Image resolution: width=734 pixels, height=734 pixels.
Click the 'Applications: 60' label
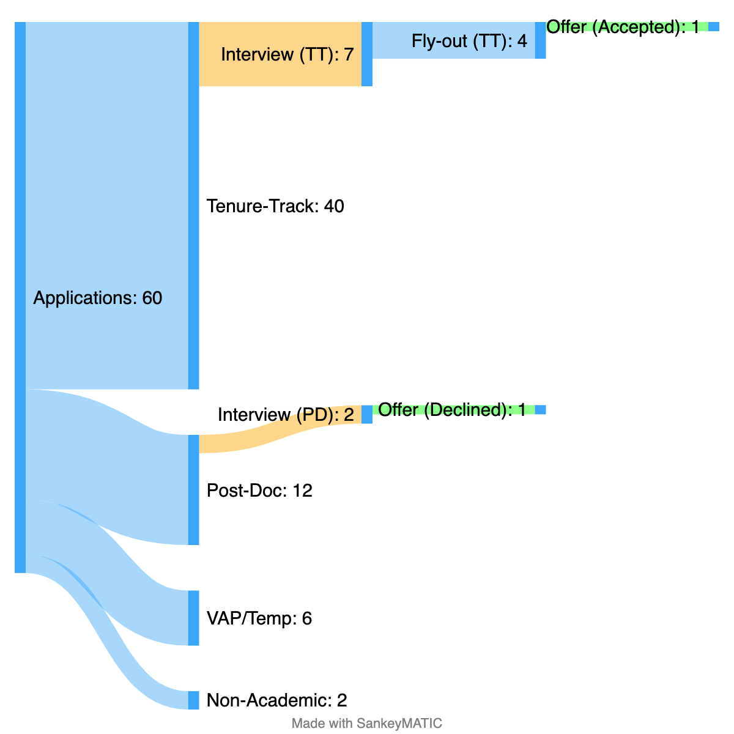point(98,298)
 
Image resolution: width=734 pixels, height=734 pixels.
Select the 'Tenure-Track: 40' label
point(275,206)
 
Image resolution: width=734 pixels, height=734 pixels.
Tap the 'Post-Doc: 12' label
point(259,490)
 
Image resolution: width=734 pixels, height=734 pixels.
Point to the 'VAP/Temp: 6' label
point(259,618)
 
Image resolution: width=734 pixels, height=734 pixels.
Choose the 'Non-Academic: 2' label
point(276,700)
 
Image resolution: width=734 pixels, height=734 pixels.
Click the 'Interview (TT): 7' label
point(287,54)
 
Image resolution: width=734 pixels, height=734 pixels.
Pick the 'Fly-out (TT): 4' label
point(469,41)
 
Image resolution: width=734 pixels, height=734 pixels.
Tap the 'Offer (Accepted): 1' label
point(623,27)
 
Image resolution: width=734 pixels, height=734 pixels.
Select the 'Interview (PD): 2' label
point(286,415)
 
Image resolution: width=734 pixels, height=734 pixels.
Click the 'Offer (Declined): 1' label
point(452,410)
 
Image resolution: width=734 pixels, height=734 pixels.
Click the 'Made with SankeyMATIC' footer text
point(366,723)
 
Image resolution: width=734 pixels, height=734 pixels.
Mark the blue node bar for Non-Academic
point(193,700)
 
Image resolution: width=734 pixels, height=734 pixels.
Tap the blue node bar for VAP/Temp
point(193,618)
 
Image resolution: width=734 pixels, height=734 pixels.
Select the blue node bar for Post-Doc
point(193,489)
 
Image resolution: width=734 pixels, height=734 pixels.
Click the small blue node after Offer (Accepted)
point(714,27)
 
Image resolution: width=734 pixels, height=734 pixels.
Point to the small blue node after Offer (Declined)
point(540,410)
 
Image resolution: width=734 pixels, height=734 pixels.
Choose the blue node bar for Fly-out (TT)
point(540,40)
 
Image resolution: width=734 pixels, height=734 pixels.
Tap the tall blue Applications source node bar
point(20,297)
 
